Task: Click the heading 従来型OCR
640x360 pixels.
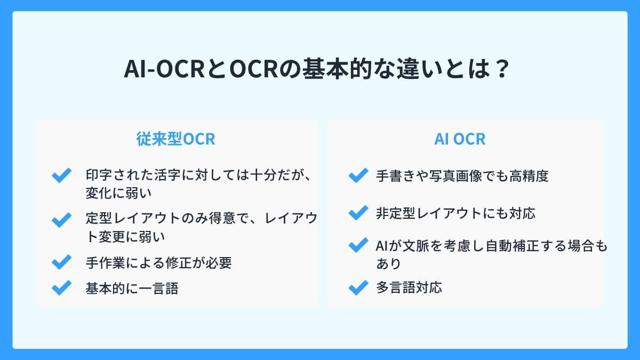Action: pyautogui.click(x=176, y=139)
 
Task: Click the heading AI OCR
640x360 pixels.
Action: pyautogui.click(x=460, y=139)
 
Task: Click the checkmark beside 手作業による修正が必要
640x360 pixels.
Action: pyautogui.click(x=61, y=262)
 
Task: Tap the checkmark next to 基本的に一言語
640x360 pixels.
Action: pyautogui.click(x=61, y=289)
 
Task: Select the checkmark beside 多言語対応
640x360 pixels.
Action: pyautogui.click(x=358, y=288)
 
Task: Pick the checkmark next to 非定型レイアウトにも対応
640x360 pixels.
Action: pyautogui.click(x=358, y=213)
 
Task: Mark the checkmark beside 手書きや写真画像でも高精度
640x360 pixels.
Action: pyautogui.click(x=358, y=175)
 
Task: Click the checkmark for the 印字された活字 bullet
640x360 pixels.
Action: pyautogui.click(x=61, y=175)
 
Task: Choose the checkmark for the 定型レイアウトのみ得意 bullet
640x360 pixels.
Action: pyautogui.click(x=61, y=219)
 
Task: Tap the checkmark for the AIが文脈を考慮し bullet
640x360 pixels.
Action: pyautogui.click(x=358, y=246)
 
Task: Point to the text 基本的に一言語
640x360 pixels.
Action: pyautogui.click(x=132, y=289)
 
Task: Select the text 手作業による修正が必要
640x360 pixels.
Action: pyautogui.click(x=158, y=262)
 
